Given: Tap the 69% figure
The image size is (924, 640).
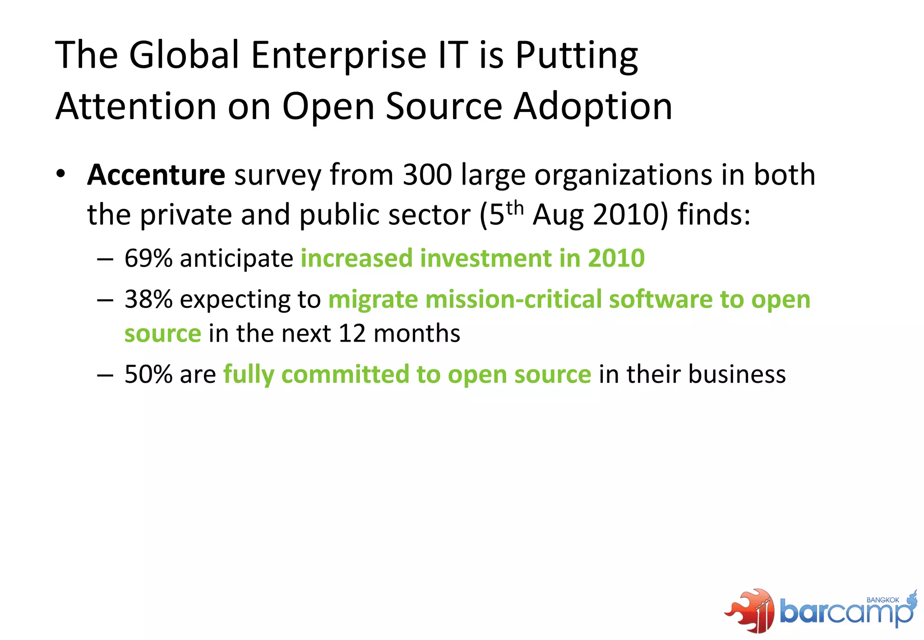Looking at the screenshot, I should click(148, 258).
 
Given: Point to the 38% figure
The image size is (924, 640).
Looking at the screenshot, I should click(148, 299).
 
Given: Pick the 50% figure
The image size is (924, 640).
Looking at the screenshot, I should click(148, 374).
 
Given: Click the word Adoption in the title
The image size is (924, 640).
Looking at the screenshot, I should click(593, 107).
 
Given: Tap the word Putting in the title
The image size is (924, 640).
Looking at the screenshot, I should click(577, 56).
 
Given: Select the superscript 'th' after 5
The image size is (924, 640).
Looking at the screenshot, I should click(515, 208).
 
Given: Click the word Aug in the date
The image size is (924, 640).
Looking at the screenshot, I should click(559, 214).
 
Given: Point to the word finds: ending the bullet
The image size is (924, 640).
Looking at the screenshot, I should click(714, 214).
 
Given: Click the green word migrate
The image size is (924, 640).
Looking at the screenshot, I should click(373, 300).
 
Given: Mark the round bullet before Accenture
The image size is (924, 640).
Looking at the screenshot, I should click(61, 174).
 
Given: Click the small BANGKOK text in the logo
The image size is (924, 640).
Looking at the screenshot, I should click(883, 600).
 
